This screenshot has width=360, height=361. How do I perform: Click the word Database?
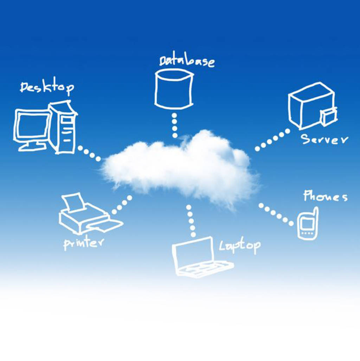coord(186,61)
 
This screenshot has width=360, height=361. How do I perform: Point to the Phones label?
coord(325,196)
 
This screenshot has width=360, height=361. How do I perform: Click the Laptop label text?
coord(240,246)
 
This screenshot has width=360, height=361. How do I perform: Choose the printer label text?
coord(84,243)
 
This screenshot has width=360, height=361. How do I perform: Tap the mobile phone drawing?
coord(308,224)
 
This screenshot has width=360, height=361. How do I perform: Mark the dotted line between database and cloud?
coord(175,125)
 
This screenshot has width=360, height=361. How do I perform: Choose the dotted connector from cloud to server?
coord(272,140)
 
